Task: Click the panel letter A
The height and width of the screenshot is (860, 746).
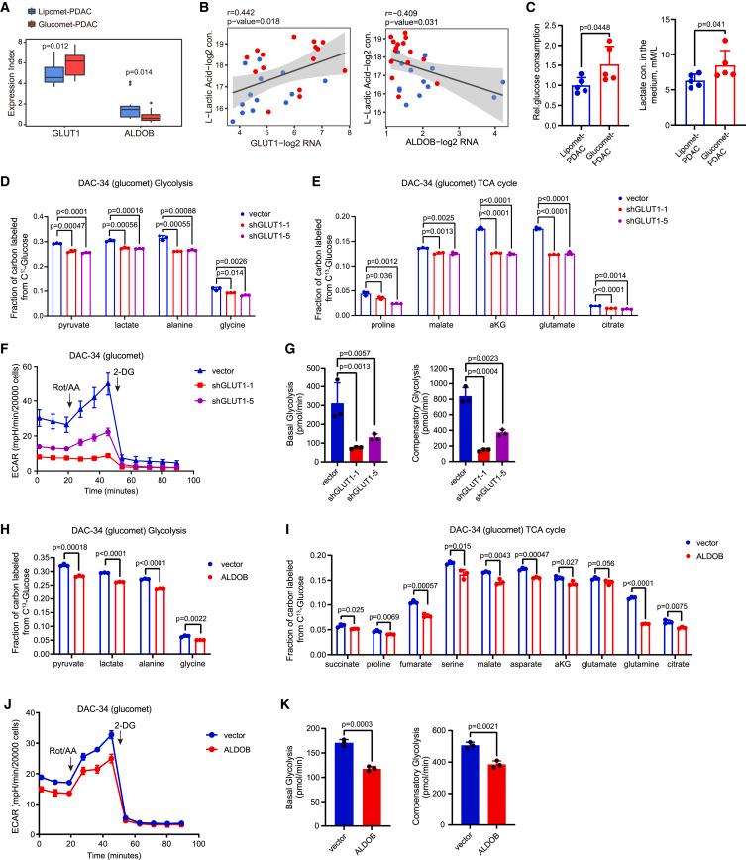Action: click(8, 9)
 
